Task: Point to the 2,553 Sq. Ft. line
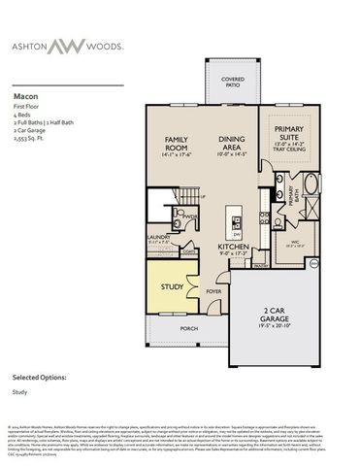[x=30, y=140]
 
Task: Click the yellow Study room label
[x=173, y=287]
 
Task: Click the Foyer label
[x=213, y=290]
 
